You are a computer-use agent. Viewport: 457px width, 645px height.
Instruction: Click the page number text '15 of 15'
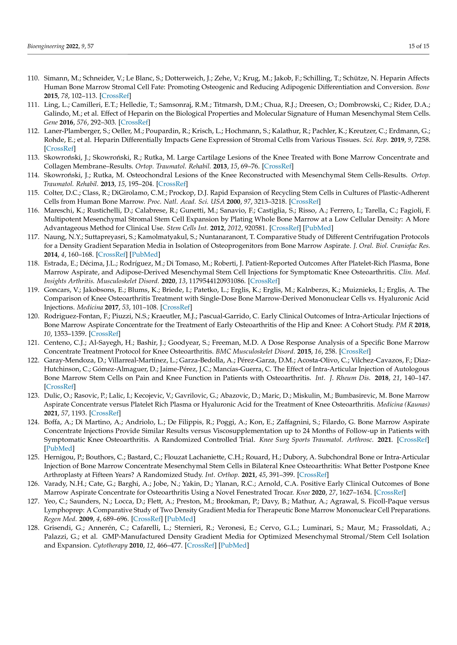419,46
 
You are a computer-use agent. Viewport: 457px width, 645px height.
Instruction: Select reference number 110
33,78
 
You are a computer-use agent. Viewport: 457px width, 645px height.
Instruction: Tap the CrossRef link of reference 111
134,122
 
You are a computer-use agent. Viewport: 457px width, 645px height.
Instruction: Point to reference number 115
33,193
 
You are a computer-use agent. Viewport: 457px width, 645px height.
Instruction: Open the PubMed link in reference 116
318,228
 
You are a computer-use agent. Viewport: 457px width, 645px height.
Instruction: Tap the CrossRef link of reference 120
105,334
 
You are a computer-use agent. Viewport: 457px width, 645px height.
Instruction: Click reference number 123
33,395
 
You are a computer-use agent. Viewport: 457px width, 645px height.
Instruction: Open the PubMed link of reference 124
59,448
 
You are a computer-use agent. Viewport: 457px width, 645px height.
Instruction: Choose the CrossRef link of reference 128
201,546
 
